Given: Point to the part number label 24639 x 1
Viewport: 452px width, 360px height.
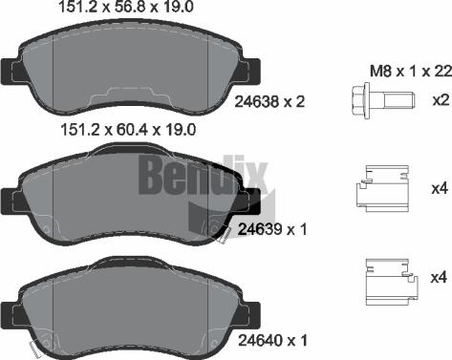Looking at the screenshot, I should click(x=270, y=229).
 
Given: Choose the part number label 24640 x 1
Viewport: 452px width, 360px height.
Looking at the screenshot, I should click(x=270, y=340).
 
